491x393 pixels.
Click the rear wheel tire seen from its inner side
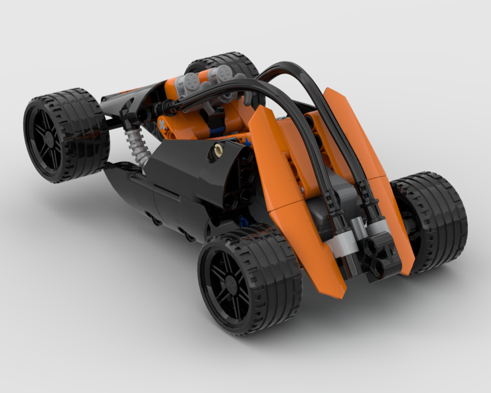tap(432, 221)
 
